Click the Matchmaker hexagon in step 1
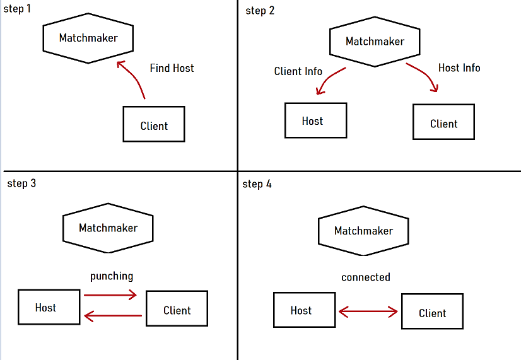tap(88, 38)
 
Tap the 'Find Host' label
tap(172, 68)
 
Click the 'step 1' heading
tap(17, 11)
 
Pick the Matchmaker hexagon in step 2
tap(375, 42)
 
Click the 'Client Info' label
tap(298, 71)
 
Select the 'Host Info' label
tap(459, 68)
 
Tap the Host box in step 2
tap(315, 120)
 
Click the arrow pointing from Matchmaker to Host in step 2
tap(329, 80)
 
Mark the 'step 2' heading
tap(260, 11)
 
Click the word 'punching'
tap(112, 276)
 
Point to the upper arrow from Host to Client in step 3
tap(110, 294)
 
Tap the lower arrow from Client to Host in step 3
tap(112, 315)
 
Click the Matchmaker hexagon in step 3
tap(108, 228)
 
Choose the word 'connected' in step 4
tap(366, 277)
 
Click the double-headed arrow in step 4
tap(368, 311)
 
